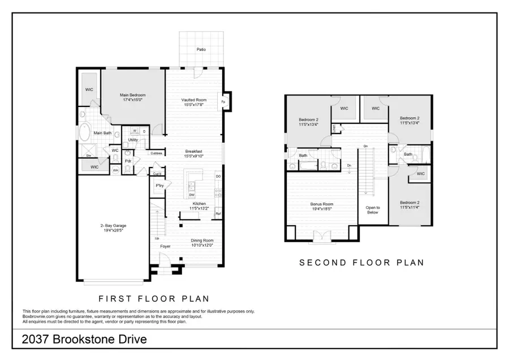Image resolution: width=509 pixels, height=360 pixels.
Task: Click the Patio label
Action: [201, 49]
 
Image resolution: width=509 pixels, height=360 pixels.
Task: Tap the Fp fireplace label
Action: [223, 102]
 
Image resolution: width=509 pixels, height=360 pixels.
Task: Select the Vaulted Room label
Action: [193, 100]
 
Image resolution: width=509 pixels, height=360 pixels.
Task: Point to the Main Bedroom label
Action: [133, 95]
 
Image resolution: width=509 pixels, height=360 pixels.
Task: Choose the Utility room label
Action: [133, 139]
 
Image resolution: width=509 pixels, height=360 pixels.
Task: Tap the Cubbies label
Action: [157, 153]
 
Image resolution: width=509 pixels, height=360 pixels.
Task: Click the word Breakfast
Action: [194, 151]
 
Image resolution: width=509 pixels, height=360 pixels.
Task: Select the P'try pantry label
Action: [159, 186]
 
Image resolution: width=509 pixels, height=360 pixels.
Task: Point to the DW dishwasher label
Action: [192, 194]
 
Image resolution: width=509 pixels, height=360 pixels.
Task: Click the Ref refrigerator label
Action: [218, 213]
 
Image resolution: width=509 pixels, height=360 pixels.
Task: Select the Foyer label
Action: [165, 246]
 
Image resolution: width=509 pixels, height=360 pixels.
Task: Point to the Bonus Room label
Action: [322, 204]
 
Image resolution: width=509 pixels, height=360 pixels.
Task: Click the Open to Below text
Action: [373, 210]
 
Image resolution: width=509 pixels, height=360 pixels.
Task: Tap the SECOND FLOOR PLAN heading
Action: [361, 263]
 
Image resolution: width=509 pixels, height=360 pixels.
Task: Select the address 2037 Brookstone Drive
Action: [85, 340]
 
